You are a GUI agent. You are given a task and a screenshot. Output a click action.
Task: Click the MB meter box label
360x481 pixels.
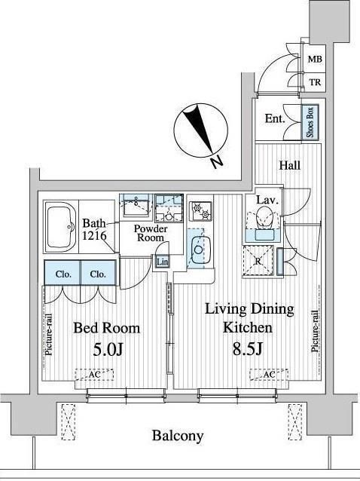(315, 60)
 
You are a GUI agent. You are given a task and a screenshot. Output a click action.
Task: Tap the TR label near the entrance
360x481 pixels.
(315, 82)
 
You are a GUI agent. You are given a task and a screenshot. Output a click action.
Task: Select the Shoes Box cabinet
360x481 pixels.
(310, 122)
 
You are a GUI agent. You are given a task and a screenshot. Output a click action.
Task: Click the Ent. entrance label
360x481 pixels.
(275, 118)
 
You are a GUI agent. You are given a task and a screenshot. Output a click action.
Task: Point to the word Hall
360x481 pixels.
(289, 166)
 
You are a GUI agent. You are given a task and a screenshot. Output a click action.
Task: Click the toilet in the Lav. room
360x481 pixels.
(264, 218)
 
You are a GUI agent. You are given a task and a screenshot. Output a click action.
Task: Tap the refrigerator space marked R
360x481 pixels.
(258, 262)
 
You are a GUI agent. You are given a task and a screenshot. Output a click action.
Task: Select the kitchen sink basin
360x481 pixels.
(199, 250)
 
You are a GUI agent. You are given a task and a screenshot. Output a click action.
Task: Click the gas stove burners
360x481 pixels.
(200, 211)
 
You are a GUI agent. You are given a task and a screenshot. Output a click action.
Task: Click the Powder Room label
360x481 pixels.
(151, 233)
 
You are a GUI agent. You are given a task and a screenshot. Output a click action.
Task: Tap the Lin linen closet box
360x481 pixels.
(162, 262)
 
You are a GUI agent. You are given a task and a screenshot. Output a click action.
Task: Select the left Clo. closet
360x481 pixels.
(63, 273)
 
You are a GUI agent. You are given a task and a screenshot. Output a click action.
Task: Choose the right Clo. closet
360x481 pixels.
(99, 273)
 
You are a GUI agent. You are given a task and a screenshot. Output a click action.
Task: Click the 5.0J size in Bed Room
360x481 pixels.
(108, 349)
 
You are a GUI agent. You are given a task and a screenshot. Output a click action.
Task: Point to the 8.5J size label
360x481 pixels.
(248, 348)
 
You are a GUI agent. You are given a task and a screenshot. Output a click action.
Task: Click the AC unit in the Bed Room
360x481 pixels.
(94, 375)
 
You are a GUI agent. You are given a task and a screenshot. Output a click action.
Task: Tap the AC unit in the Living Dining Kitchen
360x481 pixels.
(269, 374)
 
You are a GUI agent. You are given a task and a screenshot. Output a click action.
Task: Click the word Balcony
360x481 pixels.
(178, 436)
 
